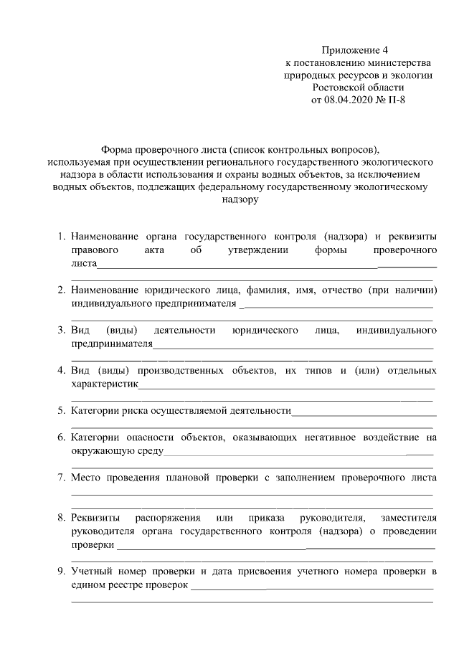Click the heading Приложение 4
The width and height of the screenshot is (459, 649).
click(354, 50)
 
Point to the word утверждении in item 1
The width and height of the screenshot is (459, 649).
click(259, 250)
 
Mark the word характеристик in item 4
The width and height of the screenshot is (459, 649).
click(104, 384)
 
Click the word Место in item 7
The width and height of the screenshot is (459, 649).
click(85, 478)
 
